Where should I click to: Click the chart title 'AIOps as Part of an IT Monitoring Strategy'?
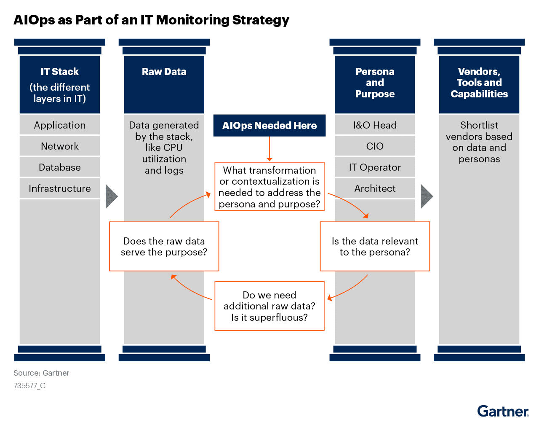coord(151,20)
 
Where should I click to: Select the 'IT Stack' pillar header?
coord(60,84)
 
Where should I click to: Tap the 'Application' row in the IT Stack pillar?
coord(60,125)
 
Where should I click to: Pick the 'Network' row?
coord(60,146)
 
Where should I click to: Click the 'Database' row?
coord(60,167)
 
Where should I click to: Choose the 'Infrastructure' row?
coord(60,188)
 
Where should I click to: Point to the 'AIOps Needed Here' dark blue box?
coord(269,126)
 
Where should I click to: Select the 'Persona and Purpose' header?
coord(375,83)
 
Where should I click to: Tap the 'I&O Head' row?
coord(375,125)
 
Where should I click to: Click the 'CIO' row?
coord(375,146)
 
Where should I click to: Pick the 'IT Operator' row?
coord(375,167)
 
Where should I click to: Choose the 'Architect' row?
coord(375,188)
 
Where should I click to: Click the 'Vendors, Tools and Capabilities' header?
coord(479,83)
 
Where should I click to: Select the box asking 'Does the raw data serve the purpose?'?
coord(164,247)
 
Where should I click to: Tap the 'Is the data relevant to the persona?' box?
coord(375,247)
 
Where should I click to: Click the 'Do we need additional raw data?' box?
coord(269,306)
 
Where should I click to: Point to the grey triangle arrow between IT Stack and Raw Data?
coord(111,196)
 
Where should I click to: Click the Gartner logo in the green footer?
coord(503,411)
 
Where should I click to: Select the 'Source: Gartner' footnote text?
coord(41,373)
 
